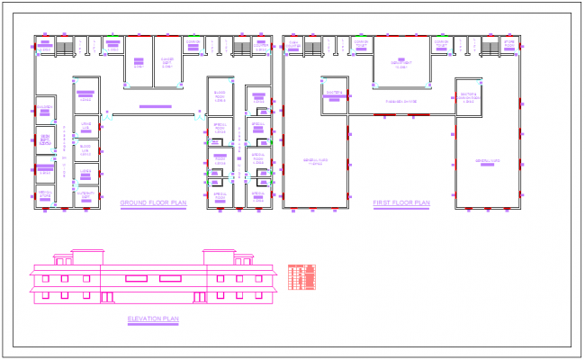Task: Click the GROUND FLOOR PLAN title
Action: [x=153, y=203]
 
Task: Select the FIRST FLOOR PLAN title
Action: [x=401, y=203]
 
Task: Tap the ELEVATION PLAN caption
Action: [x=153, y=319]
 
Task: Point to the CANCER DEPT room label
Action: [x=166, y=61]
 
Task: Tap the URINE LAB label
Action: [x=85, y=126]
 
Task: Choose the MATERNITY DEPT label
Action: [x=85, y=193]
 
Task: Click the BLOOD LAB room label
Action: [x=85, y=148]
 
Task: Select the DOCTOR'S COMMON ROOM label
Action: [x=468, y=97]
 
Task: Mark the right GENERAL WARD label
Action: [x=488, y=161]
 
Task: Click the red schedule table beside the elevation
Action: [x=302, y=276]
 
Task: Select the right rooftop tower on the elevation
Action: [x=219, y=257]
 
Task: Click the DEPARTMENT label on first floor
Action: [x=401, y=63]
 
